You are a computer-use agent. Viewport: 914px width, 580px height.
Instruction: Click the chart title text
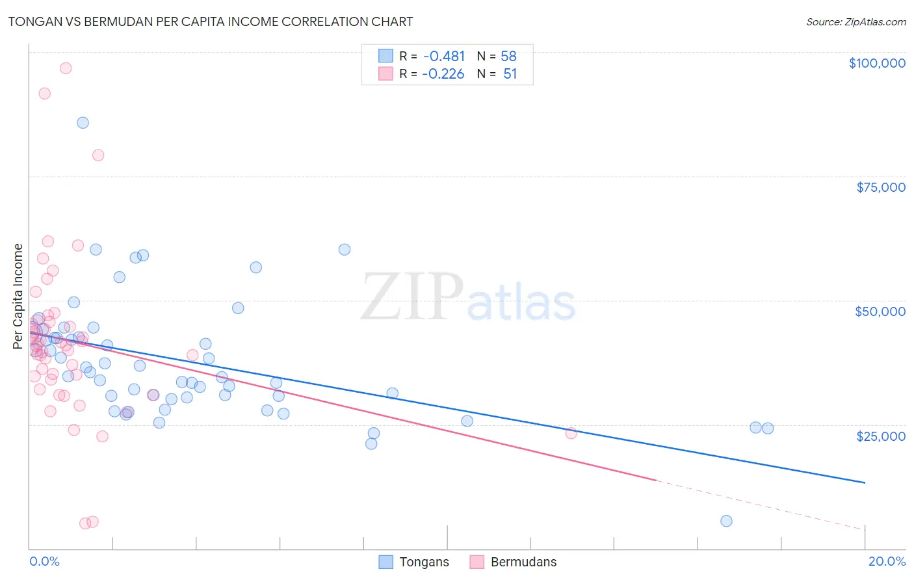[x=211, y=21]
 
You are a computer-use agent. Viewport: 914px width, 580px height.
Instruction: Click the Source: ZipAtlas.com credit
[x=855, y=22]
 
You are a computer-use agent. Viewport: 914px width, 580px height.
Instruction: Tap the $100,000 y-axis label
[x=877, y=63]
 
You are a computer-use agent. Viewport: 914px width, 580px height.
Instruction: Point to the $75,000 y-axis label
[x=881, y=187]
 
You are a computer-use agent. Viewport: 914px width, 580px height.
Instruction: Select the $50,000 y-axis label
[x=880, y=311]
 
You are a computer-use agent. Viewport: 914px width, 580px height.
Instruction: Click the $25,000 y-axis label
[x=881, y=436]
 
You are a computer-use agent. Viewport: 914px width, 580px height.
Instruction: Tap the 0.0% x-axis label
[x=44, y=561]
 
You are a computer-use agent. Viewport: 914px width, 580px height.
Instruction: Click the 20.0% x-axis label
[x=887, y=561]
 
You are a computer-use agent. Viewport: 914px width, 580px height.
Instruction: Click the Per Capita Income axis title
[x=18, y=296]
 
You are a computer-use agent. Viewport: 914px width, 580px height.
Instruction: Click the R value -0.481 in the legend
[x=443, y=57]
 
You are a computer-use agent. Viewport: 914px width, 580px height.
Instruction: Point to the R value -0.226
[x=443, y=74]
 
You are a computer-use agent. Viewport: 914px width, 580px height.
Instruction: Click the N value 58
[x=508, y=57]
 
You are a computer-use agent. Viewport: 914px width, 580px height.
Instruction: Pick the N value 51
[x=510, y=74]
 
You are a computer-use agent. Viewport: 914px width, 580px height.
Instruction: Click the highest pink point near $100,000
[x=66, y=68]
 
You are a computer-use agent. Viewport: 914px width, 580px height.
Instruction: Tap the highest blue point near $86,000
[x=83, y=123]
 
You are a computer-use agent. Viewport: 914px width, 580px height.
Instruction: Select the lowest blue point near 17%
[x=726, y=521]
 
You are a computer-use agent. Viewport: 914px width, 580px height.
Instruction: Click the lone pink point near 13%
[x=571, y=434]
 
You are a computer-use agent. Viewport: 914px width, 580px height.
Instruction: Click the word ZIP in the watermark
[x=411, y=297]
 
